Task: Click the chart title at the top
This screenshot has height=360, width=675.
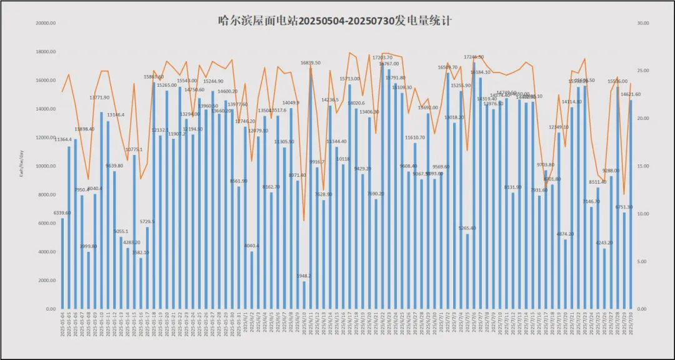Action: coord(335,21)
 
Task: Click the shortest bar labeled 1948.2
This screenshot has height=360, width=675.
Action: coord(304,295)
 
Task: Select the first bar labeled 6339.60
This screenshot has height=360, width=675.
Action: coord(62,264)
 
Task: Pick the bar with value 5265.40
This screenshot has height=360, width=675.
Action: coord(467,271)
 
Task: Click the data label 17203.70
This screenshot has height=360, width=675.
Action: coord(382,57)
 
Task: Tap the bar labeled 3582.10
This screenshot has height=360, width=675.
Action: coord(141,283)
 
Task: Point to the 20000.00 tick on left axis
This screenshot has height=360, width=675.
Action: coord(47,23)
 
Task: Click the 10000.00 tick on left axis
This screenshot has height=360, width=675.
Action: coord(47,166)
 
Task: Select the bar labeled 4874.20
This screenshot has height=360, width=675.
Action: coord(566,274)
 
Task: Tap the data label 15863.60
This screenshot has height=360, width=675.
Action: coord(154,77)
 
